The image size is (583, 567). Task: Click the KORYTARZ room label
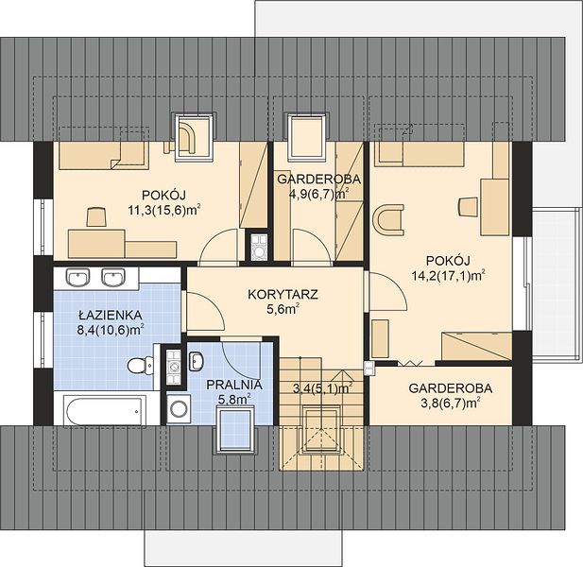click(283, 295)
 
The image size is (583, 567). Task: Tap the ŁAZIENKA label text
click(111, 316)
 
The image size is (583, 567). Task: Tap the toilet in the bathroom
click(140, 366)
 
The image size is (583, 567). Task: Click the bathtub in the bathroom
click(104, 410)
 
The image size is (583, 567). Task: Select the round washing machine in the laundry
click(179, 408)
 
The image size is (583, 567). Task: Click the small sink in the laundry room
click(197, 361)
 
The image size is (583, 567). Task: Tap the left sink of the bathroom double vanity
click(78, 278)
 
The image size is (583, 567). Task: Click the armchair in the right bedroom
click(388, 220)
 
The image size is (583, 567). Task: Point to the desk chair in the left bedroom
click(97, 217)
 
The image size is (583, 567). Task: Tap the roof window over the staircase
click(321, 430)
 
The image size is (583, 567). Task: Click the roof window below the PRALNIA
click(235, 430)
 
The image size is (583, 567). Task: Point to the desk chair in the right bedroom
click(468, 206)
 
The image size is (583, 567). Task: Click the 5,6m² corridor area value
click(283, 309)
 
